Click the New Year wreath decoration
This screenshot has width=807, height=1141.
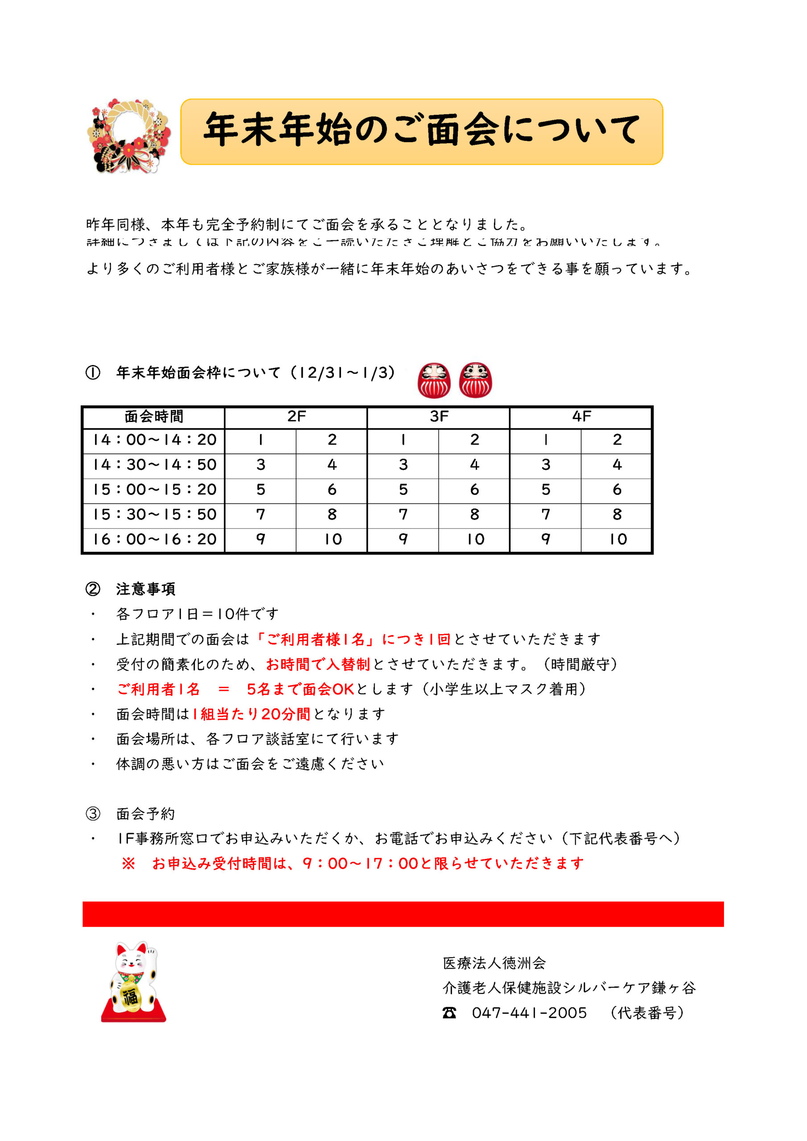pos(129,135)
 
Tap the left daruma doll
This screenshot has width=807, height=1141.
pos(434,380)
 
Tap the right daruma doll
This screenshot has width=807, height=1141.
pos(475,380)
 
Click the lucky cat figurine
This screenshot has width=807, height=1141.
pos(132,982)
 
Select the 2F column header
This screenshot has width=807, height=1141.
pos(296,416)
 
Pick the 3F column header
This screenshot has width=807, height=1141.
pos(439,416)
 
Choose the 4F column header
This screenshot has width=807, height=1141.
pos(581,416)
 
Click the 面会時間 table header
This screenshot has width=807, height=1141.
pos(154,416)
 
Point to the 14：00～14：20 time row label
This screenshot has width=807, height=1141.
pos(154,440)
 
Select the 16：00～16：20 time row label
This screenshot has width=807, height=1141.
pos(154,539)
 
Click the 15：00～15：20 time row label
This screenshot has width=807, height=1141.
pos(154,489)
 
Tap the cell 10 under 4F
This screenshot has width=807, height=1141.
pos(618,539)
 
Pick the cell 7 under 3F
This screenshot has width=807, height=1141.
pos(403,514)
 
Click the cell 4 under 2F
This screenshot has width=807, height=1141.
pos(332,465)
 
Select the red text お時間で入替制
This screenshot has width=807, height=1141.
pos(318,665)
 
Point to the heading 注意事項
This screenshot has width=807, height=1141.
pos(145,589)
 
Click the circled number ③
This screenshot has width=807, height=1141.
pos(93,813)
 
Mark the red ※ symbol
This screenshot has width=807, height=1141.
pos(128,863)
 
